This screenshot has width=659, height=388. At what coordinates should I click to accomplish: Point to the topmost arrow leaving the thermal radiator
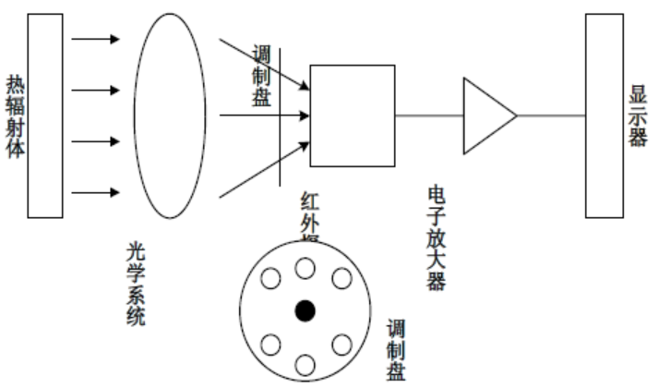tap(96, 39)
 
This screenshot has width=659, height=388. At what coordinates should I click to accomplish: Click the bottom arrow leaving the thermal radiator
tap(96, 192)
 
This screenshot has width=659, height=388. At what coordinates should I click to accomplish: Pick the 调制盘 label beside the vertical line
tap(260, 79)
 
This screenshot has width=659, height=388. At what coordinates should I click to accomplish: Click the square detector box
tap(352, 115)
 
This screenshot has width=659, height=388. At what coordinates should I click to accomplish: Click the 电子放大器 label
tap(437, 236)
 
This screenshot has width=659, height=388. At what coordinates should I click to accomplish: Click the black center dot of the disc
tap(304, 310)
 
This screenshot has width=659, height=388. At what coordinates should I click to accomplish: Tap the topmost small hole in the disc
tap(304, 268)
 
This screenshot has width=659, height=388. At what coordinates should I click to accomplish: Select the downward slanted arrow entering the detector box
tap(264, 64)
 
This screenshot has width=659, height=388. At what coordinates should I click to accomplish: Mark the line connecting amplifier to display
tap(551, 115)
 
